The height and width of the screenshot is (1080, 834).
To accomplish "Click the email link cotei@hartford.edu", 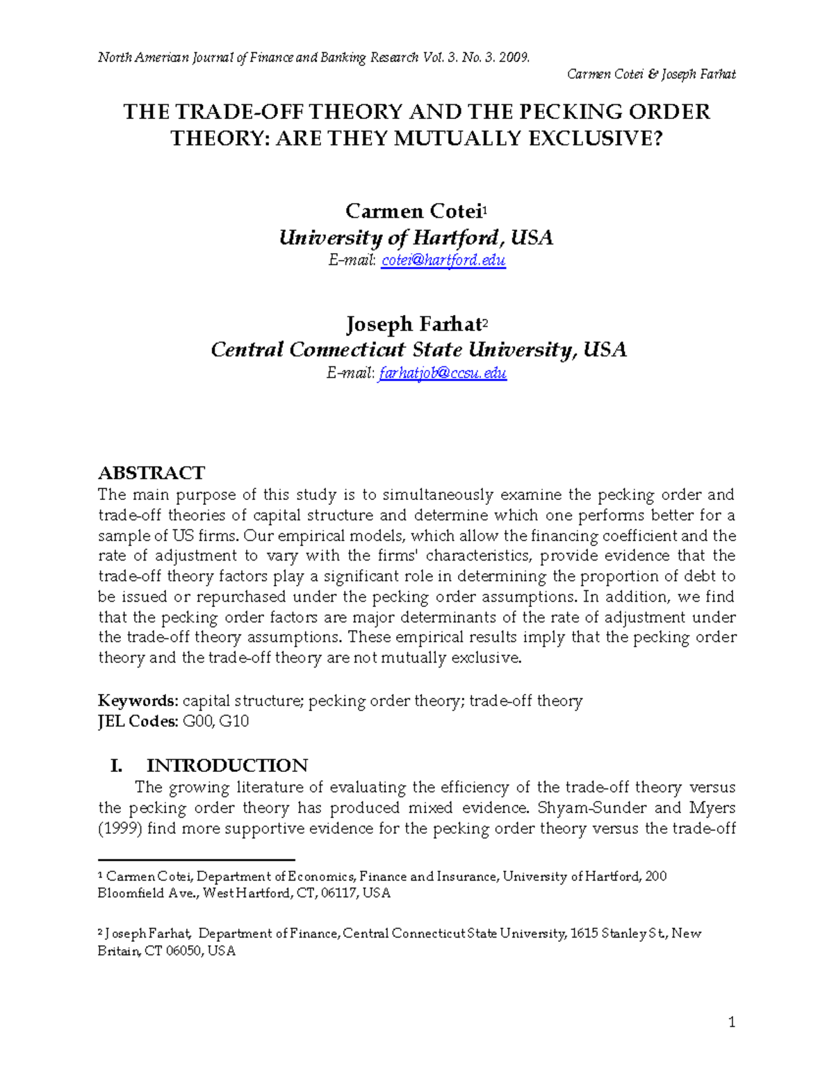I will (x=443, y=261).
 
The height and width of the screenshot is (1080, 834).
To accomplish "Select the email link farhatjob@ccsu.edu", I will (x=442, y=373).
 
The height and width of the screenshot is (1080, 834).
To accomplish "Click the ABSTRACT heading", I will (x=152, y=473).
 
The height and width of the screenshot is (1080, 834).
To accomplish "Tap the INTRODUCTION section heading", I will (x=227, y=766).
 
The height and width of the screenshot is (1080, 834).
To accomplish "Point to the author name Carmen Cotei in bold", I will (x=414, y=211).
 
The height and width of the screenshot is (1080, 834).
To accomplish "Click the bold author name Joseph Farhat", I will (x=414, y=324).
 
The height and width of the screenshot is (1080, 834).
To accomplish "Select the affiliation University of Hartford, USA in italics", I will (x=416, y=238).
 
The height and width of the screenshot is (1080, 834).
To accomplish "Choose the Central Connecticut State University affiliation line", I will (x=418, y=349).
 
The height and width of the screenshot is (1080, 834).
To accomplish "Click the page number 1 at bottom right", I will (x=731, y=1022).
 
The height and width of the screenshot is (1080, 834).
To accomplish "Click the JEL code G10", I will (x=234, y=721).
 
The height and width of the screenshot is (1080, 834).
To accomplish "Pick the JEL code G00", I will (x=199, y=721).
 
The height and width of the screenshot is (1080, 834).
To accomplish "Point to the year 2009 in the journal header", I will (x=514, y=58).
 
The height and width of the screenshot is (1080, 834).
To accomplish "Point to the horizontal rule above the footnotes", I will (x=197, y=860).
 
